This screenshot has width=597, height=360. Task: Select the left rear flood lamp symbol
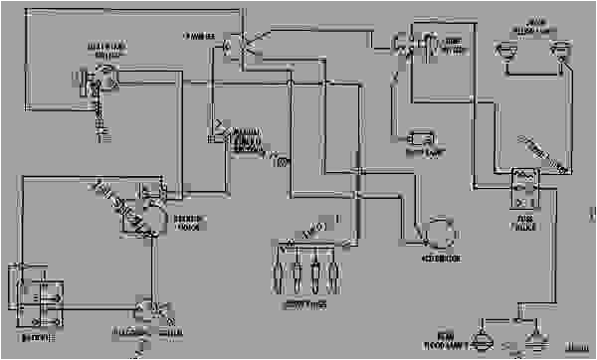(484, 339)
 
